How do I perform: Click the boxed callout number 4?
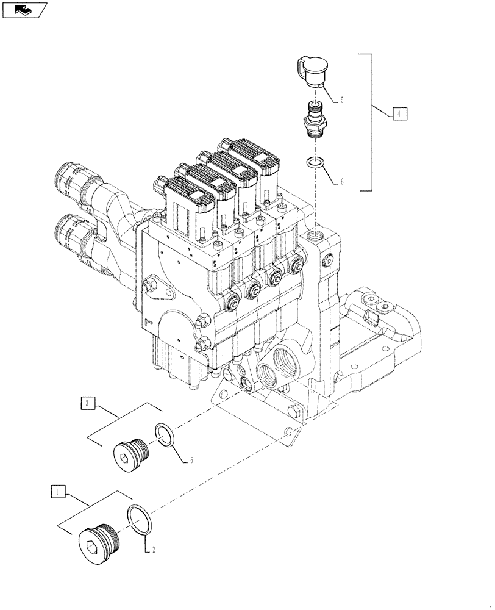click(398, 114)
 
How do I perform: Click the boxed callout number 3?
click(87, 403)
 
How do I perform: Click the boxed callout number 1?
click(57, 491)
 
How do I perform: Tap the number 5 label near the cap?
click(342, 99)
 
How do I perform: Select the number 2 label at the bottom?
click(154, 549)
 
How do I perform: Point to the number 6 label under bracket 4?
click(342, 182)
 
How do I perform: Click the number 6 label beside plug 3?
click(191, 459)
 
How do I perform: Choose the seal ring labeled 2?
click(141, 518)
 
